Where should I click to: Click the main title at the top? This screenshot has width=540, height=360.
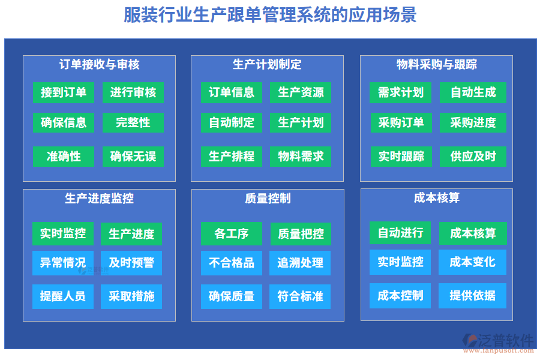pyautogui.click(x=270, y=14)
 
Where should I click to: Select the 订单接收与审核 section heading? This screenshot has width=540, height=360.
pyautogui.click(x=100, y=64)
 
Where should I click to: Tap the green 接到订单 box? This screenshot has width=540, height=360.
pyautogui.click(x=64, y=92)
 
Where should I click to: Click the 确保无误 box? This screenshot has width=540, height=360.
pyautogui.click(x=133, y=157)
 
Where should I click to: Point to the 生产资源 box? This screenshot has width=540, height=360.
pyautogui.click(x=301, y=92)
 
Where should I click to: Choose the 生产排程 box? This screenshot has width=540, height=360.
pyautogui.click(x=232, y=157)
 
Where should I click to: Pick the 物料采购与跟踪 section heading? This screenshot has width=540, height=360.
pyautogui.click(x=437, y=64)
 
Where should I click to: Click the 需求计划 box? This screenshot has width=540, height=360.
pyautogui.click(x=401, y=92)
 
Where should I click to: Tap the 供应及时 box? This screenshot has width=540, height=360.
pyautogui.click(x=473, y=157)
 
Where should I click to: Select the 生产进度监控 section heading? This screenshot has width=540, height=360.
pyautogui.click(x=100, y=198)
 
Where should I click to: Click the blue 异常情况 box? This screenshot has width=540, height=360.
pyautogui.click(x=63, y=263)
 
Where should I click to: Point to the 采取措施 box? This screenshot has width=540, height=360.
pyautogui.click(x=131, y=296)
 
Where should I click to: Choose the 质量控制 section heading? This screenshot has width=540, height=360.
pyautogui.click(x=268, y=198)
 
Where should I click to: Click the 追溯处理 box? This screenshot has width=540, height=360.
pyautogui.click(x=301, y=263)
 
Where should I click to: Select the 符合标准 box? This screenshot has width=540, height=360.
pyautogui.click(x=301, y=296)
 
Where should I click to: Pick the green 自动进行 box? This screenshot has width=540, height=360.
pyautogui.click(x=400, y=233)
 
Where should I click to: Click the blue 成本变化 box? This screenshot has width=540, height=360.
pyautogui.click(x=473, y=262)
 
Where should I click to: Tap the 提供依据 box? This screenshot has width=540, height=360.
pyautogui.click(x=473, y=295)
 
